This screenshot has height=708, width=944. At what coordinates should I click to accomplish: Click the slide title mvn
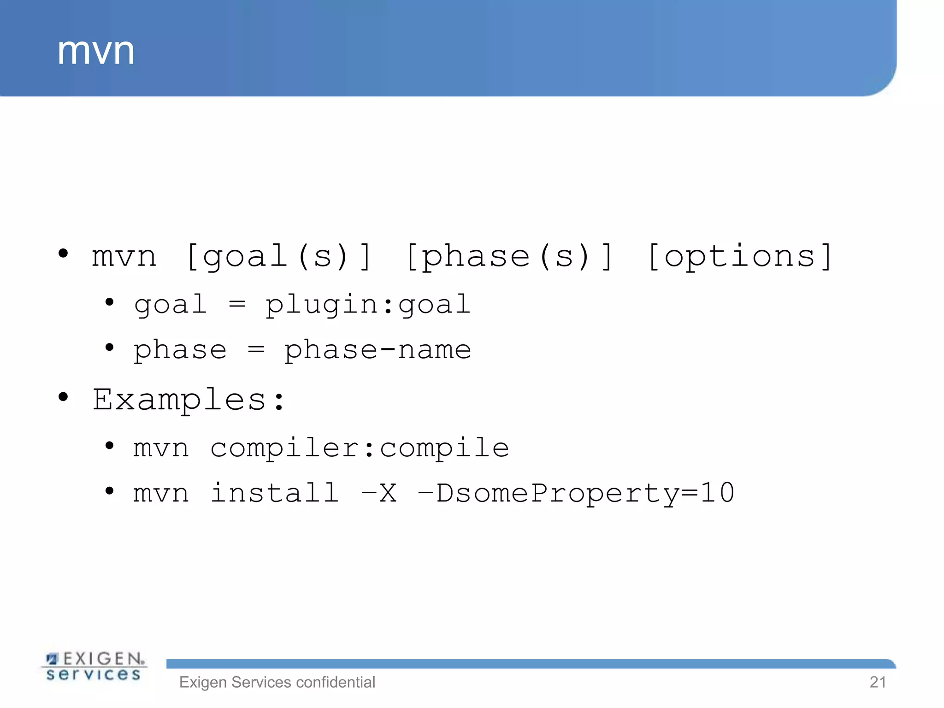96,52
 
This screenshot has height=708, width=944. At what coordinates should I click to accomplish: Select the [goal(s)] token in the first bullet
278,256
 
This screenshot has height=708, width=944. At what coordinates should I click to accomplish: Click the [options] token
740,256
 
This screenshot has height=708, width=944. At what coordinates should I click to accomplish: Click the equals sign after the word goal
237,304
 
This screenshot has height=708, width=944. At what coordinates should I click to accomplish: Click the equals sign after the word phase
256,349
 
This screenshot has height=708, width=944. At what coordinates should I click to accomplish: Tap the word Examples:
189,399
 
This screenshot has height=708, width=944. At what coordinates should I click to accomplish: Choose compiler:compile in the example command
360,448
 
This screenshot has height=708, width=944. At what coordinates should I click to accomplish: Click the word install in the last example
275,493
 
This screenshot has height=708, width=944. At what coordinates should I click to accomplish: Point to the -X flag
379,493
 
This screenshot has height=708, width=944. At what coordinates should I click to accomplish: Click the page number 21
878,682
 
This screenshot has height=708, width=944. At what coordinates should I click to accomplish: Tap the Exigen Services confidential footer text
277,682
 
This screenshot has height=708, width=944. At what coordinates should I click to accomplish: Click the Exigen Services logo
94,667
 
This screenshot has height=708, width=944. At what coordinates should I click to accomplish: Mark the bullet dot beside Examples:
63,397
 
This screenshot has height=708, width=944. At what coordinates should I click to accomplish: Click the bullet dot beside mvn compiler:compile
109,446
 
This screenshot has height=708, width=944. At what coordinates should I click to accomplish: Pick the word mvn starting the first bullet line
124,257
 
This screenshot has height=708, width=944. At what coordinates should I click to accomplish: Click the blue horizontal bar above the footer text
530,664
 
